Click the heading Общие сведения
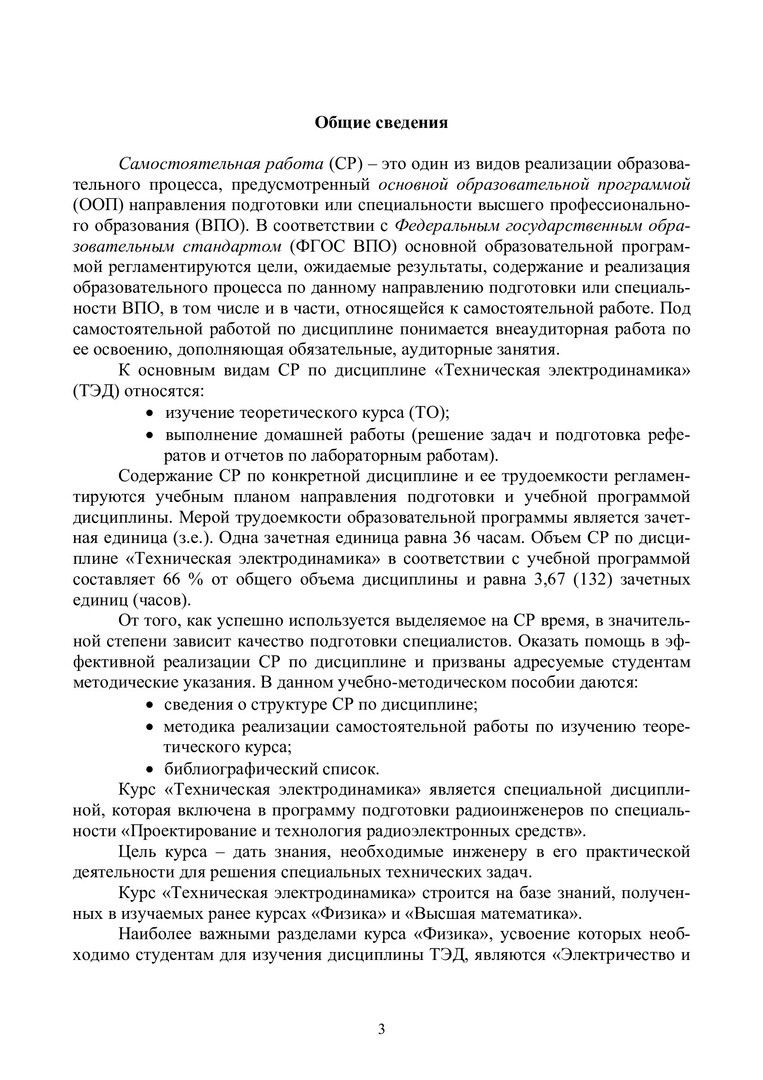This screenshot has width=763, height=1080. click(x=381, y=123)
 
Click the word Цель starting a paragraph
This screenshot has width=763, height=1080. click(x=140, y=853)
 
